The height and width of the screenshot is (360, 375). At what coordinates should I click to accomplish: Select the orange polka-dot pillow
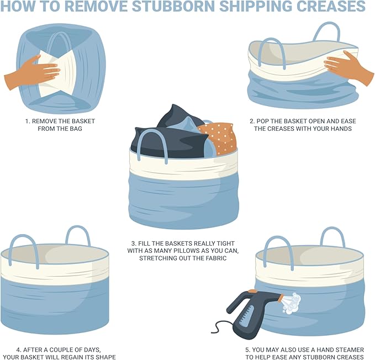[218, 137]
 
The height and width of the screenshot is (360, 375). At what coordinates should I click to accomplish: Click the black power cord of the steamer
[222, 328]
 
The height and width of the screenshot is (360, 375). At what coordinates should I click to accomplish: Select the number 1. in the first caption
[28, 121]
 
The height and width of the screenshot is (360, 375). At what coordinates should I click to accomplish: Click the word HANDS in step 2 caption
[341, 129]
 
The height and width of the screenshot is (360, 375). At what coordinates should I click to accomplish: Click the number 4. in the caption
[19, 350]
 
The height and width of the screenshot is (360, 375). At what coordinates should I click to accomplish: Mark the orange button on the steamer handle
[252, 292]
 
